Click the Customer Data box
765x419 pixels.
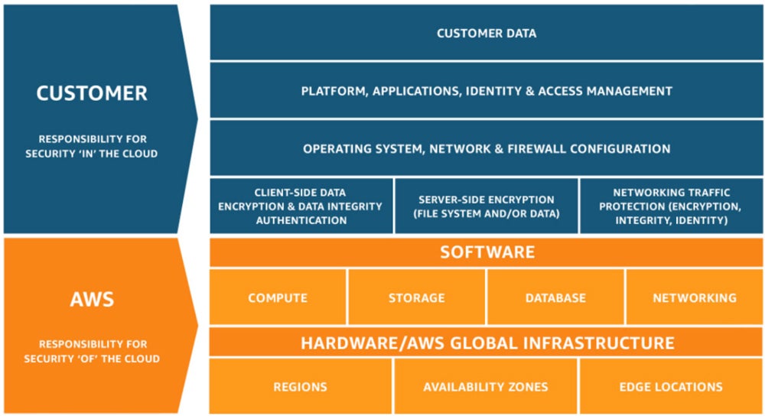click(487, 33)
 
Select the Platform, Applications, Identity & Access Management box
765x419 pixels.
click(487, 91)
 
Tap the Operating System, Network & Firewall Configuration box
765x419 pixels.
click(487, 148)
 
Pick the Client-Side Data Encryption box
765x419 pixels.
click(301, 206)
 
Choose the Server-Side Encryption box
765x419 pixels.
click(487, 206)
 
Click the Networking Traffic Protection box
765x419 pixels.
click(670, 206)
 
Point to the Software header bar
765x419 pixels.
click(487, 252)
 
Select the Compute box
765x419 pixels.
click(278, 297)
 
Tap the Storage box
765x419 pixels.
click(417, 297)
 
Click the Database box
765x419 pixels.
click(555, 297)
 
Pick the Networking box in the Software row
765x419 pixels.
click(695, 297)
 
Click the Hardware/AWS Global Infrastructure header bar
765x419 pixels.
click(487, 343)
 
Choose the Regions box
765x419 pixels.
click(301, 387)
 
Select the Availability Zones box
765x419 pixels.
click(486, 387)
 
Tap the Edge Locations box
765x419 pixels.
click(671, 387)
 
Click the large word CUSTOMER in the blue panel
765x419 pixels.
click(92, 94)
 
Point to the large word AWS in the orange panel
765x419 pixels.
click(92, 298)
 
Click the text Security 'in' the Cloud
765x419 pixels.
click(92, 153)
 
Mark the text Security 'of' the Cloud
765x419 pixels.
click(92, 358)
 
